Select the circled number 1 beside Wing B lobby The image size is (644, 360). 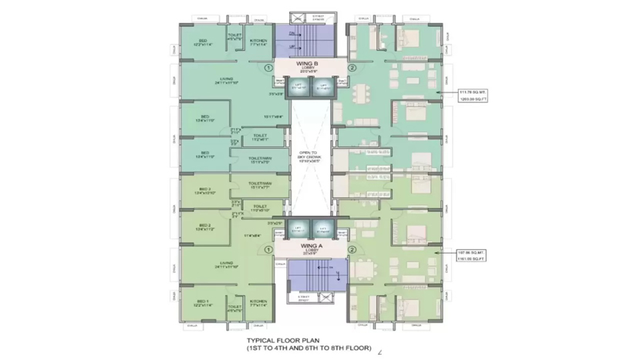pyautogui.click(x=268, y=68)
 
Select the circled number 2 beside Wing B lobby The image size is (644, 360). pyautogui.click(x=352, y=68)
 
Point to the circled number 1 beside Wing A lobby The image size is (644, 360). pyautogui.click(x=268, y=249)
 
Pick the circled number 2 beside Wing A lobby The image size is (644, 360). pyautogui.click(x=352, y=249)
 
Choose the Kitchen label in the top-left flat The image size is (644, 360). pyautogui.click(x=258, y=43)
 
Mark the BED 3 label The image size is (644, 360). pyautogui.click(x=204, y=190)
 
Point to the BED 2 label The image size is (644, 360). pyautogui.click(x=204, y=227)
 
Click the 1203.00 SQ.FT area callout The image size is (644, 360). pyautogui.click(x=470, y=99)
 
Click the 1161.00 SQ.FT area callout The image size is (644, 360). pyautogui.click(x=470, y=258)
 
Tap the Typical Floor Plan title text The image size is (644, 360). pyautogui.click(x=309, y=344)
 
